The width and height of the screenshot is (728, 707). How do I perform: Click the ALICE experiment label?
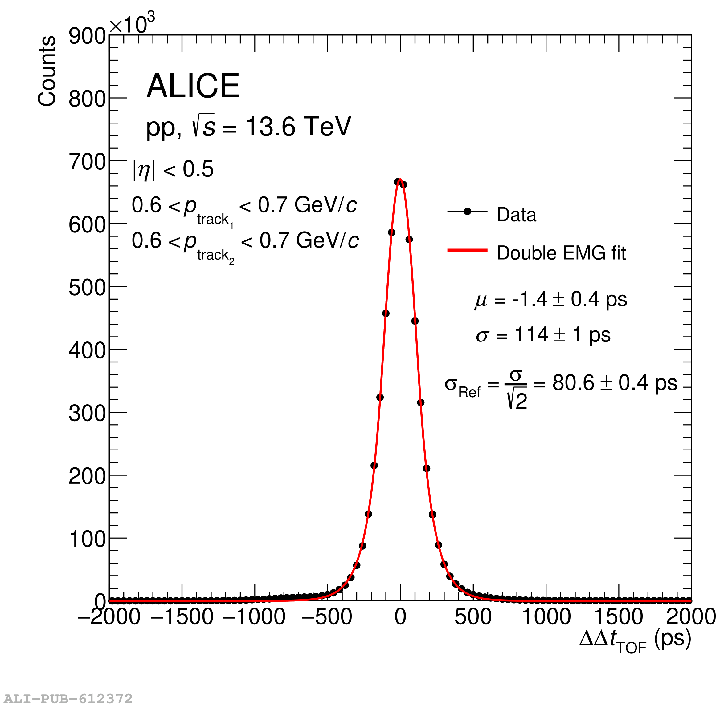pos(193,86)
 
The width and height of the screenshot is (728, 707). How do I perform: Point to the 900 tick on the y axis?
pos(87,36)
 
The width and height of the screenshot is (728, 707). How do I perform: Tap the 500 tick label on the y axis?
pos(87,288)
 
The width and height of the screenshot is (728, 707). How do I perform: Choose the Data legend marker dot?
pos(468,212)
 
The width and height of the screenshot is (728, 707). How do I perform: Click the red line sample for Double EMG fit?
pos(467,250)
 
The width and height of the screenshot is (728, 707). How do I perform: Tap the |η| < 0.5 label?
pos(173,170)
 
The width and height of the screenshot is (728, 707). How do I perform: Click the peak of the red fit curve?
pos(400,180)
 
